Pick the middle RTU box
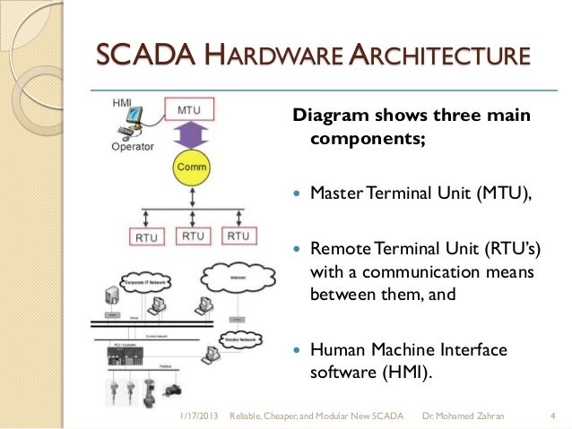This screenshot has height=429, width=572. point(192,236)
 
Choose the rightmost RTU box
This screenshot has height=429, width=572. point(238,236)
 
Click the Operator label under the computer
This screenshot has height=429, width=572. point(132,145)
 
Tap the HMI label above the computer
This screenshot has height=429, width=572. point(121,100)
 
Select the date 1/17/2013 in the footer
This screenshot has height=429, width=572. point(198,416)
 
